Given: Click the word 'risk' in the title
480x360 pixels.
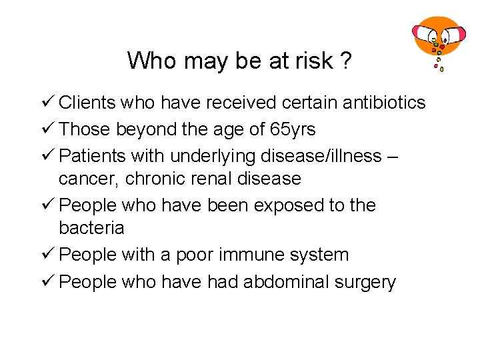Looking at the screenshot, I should pos(313,61).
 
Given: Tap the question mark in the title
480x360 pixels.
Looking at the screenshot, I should pos(345,61).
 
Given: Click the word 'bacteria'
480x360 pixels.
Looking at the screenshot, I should pos(91,228).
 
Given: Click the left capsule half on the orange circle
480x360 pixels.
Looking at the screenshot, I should pos(423,32).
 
